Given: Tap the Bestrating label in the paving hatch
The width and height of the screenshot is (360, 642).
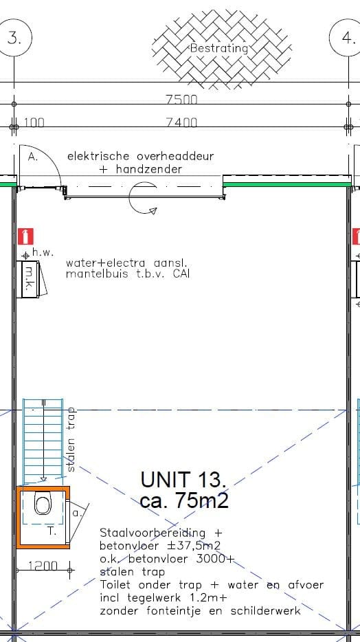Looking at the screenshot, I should pyautogui.click(x=218, y=49).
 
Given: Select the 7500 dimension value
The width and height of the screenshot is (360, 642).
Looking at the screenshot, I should pyautogui.click(x=181, y=100).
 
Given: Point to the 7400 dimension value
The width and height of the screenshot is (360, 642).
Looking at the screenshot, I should pyautogui.click(x=181, y=122).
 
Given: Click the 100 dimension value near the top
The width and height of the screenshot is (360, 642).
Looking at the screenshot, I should pyautogui.click(x=34, y=122).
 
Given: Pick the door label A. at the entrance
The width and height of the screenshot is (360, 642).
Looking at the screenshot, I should pyautogui.click(x=33, y=157).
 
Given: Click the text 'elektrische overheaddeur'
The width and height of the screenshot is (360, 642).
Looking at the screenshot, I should pyautogui.click(x=140, y=156).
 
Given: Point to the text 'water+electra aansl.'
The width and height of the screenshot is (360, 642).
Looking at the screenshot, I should pyautogui.click(x=126, y=263).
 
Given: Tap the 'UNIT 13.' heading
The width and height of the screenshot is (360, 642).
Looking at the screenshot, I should pyautogui.click(x=183, y=479).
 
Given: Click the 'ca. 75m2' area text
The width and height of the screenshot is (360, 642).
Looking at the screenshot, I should pyautogui.click(x=184, y=501).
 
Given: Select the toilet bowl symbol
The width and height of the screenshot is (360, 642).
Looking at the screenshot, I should pyautogui.click(x=43, y=506).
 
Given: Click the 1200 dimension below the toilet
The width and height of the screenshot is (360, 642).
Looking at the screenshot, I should pyautogui.click(x=43, y=566).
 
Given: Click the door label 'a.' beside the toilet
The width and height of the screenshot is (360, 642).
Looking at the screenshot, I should pyautogui.click(x=76, y=513).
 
